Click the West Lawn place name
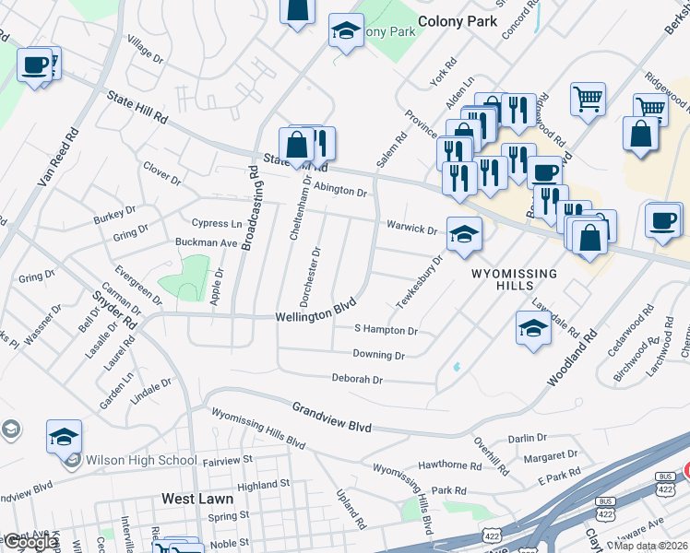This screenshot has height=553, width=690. pos(196,499)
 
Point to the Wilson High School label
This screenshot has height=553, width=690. pos(140,460)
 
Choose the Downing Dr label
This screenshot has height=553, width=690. pos(378,355)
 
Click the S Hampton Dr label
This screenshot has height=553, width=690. pos(386,330)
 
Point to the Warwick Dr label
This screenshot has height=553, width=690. pos(411,228)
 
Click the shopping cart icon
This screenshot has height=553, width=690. pos(588,97)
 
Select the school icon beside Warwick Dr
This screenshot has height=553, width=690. pos(464,234)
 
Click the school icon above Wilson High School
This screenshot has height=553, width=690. pos(64,436)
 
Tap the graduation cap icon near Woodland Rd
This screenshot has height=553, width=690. pos(534,327)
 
